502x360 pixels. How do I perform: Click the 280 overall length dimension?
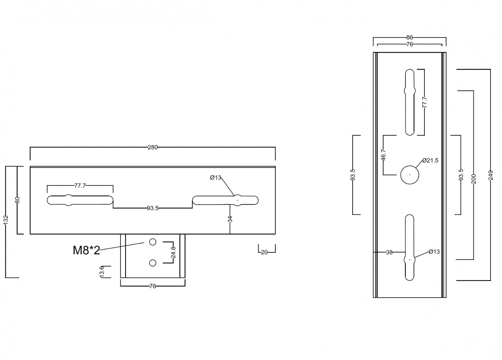point(153,147)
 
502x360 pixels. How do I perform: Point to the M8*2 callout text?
point(86,250)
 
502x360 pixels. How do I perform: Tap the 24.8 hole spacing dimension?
point(173,252)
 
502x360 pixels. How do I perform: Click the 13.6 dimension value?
point(102,271)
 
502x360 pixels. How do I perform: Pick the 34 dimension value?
point(230,219)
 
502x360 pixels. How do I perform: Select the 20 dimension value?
point(264,253)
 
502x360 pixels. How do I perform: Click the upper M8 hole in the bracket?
point(153,242)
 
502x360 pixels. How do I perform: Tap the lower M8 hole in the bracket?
point(153,263)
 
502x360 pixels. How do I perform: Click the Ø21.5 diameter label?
point(430,160)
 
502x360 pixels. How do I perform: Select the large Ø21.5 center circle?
point(410,175)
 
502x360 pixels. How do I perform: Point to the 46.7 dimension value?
point(383,155)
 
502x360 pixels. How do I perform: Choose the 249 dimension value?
point(491,175)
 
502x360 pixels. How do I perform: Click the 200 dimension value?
point(474,179)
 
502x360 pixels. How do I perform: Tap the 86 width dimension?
point(410,37)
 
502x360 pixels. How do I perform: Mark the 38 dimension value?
point(389,252)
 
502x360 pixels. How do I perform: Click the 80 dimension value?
point(17,200)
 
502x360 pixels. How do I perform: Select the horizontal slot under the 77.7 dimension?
point(80,200)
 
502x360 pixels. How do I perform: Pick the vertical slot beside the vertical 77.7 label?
point(410,102)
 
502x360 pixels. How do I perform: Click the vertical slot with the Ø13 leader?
point(410,247)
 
